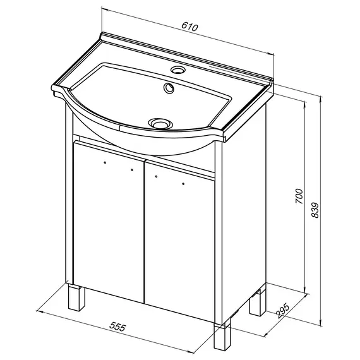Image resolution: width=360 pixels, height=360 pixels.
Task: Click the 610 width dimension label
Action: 189,27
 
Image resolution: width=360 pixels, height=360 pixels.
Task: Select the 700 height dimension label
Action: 299,196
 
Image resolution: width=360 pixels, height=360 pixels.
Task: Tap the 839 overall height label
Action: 315,210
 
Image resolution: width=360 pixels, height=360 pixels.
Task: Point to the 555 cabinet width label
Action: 117,327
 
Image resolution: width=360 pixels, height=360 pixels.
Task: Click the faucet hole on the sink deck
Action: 177,69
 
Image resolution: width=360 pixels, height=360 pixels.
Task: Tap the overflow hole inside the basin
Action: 169,88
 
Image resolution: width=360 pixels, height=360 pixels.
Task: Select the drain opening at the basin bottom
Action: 160,123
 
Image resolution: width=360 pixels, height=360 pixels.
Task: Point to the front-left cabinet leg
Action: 76,297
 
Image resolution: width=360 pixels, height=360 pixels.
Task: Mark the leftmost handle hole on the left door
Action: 105,162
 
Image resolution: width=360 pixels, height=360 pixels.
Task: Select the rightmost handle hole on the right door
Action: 183,184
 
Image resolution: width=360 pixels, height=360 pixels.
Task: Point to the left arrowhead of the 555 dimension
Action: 40,311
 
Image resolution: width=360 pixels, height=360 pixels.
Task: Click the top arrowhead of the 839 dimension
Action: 321,100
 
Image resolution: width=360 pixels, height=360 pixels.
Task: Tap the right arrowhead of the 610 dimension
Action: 270,54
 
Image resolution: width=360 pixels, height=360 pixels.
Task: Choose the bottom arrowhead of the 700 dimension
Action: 305,290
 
